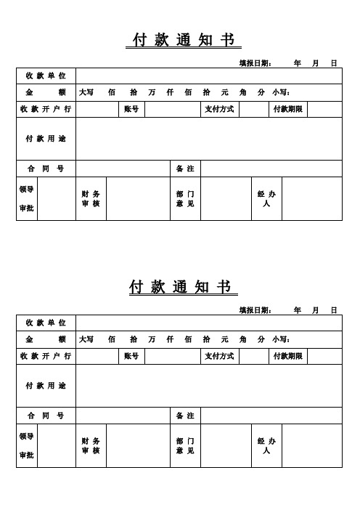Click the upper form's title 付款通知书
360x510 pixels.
pos(183,39)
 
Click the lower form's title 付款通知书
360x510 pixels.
pos(183,287)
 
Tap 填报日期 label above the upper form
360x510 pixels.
pos(255,63)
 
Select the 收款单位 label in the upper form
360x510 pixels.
pos(46,76)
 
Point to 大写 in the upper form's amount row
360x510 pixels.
pos(86,93)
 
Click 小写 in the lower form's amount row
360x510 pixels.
pos(282,339)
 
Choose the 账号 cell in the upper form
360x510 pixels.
pos(132,110)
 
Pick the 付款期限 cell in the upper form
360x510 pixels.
pos(287,110)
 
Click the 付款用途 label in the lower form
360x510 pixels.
pos(46,385)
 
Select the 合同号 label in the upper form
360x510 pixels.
pos(46,169)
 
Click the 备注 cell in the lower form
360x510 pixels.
pos(185,416)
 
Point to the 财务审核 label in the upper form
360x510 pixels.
pos(91,198)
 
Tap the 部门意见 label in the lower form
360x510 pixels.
pos(185,445)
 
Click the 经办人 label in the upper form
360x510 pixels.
pos(266,198)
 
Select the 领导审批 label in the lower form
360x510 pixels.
pos(27,445)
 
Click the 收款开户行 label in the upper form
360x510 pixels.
pos(46,110)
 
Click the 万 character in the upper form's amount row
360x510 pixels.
pos(152,93)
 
